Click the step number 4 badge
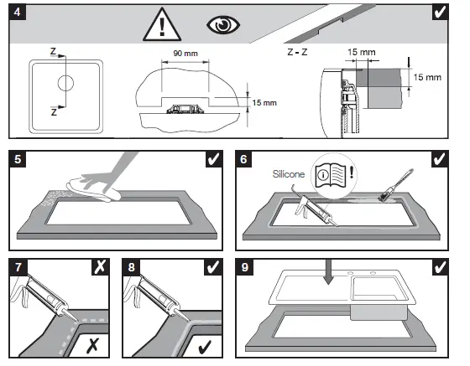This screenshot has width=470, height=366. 18,13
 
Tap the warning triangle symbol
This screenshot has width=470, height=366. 162,25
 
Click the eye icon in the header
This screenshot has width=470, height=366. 223,25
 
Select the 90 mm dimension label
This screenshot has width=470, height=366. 185,54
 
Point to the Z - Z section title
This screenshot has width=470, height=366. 297,52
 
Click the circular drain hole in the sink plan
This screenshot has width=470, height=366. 65,83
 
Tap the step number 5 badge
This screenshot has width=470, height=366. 18,159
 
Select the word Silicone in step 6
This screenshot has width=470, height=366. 289,174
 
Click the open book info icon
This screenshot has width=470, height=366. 331,176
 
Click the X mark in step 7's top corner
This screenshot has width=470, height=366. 100,267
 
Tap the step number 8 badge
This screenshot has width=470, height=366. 131,267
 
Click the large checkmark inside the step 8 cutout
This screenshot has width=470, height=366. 205,346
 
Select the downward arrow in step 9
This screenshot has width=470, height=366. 329,272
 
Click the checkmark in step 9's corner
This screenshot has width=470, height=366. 440,267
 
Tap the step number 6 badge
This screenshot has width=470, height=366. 243,159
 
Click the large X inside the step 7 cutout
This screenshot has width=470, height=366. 92,345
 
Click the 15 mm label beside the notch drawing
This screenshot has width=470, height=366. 264,103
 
